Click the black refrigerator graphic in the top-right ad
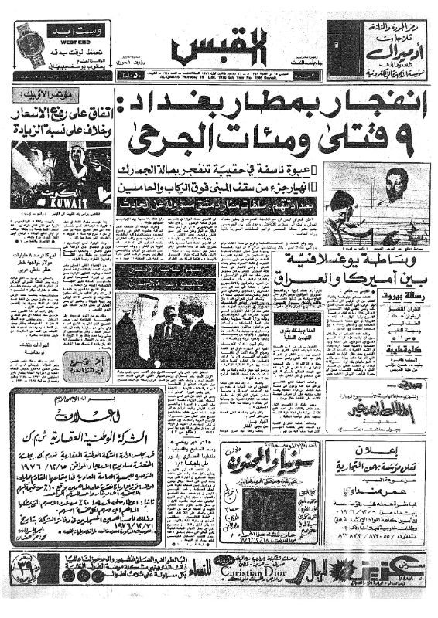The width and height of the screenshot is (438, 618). pos(341,45)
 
